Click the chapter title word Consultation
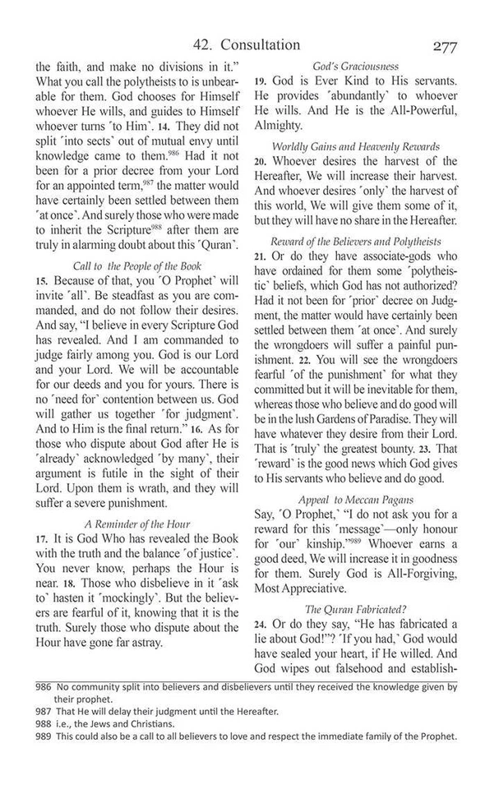click(256, 45)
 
